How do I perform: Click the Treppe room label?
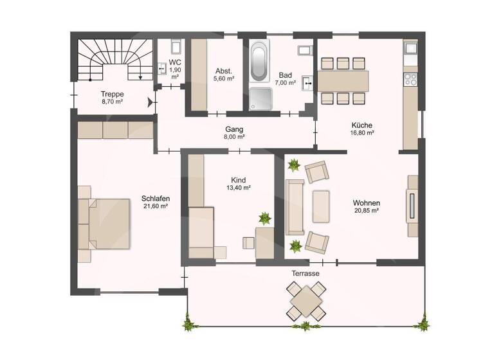[112, 94]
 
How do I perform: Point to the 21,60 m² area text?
[155, 206]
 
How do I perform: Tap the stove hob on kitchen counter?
[410, 80]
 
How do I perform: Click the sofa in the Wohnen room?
[295, 207]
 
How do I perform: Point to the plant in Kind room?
[264, 218]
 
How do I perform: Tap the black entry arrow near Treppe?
[151, 102]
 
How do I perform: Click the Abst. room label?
[223, 71]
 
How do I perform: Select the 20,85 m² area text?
[367, 210]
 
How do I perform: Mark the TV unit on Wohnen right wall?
[412, 206]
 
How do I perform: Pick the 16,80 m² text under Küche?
[362, 133]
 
